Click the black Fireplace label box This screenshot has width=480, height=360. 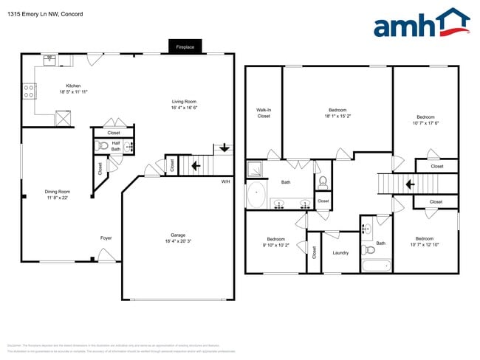pyautogui.click(x=185, y=46)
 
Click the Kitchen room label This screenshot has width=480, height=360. pyautogui.click(x=74, y=86)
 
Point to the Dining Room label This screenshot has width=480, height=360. pyautogui.click(x=57, y=191)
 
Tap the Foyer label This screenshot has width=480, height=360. pyautogui.click(x=106, y=238)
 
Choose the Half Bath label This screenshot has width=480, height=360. pyautogui.click(x=116, y=146)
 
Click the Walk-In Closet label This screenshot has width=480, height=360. pyautogui.click(x=264, y=113)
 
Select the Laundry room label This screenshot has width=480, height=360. pyautogui.click(x=340, y=253)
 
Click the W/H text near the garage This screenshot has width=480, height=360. pyautogui.click(x=226, y=181)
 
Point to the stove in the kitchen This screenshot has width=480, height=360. pyautogui.click(x=30, y=91)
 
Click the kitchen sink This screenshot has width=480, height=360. pyautogui.click(x=49, y=60)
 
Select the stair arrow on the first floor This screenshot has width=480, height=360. pyautogui.click(x=196, y=166)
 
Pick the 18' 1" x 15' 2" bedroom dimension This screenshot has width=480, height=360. pyautogui.click(x=337, y=116)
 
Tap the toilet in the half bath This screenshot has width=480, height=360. pyautogui.click(x=103, y=146)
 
